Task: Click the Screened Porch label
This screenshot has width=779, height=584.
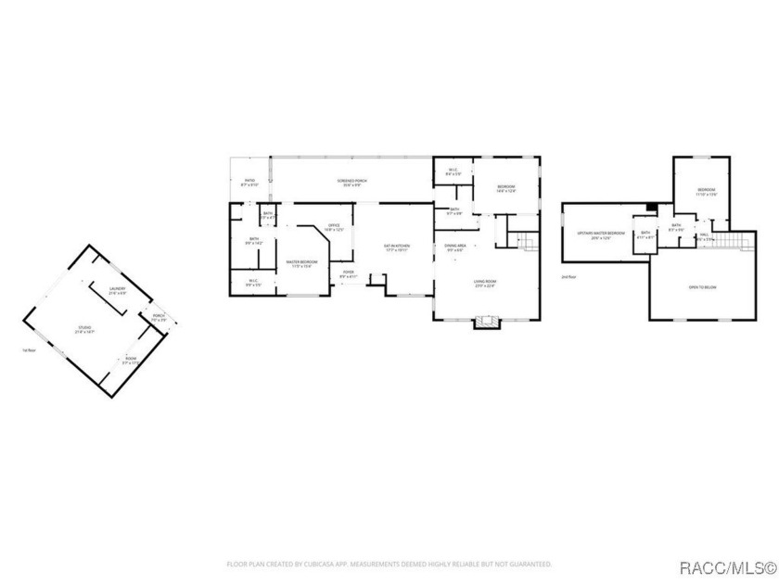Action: pos(349,183)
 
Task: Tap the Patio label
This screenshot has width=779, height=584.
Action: pos(249,183)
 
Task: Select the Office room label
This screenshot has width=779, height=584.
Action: pos(333,227)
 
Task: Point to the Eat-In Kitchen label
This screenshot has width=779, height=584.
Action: pos(397,248)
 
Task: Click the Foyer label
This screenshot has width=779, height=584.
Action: pos(349,273)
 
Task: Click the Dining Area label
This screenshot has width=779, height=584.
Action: pos(455,248)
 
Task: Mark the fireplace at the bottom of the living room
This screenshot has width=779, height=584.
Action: pos(485,324)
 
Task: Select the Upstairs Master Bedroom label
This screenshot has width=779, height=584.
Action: pos(594,235)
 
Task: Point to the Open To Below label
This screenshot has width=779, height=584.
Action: pos(701,287)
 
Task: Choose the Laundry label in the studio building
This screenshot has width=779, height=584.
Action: pos(117,290)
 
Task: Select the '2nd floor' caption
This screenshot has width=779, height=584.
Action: pos(568,276)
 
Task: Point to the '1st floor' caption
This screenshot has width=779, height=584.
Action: pos(29,350)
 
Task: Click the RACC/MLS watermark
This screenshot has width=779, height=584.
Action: pos(726,565)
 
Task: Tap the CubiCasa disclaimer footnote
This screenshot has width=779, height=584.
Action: pos(389,563)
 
